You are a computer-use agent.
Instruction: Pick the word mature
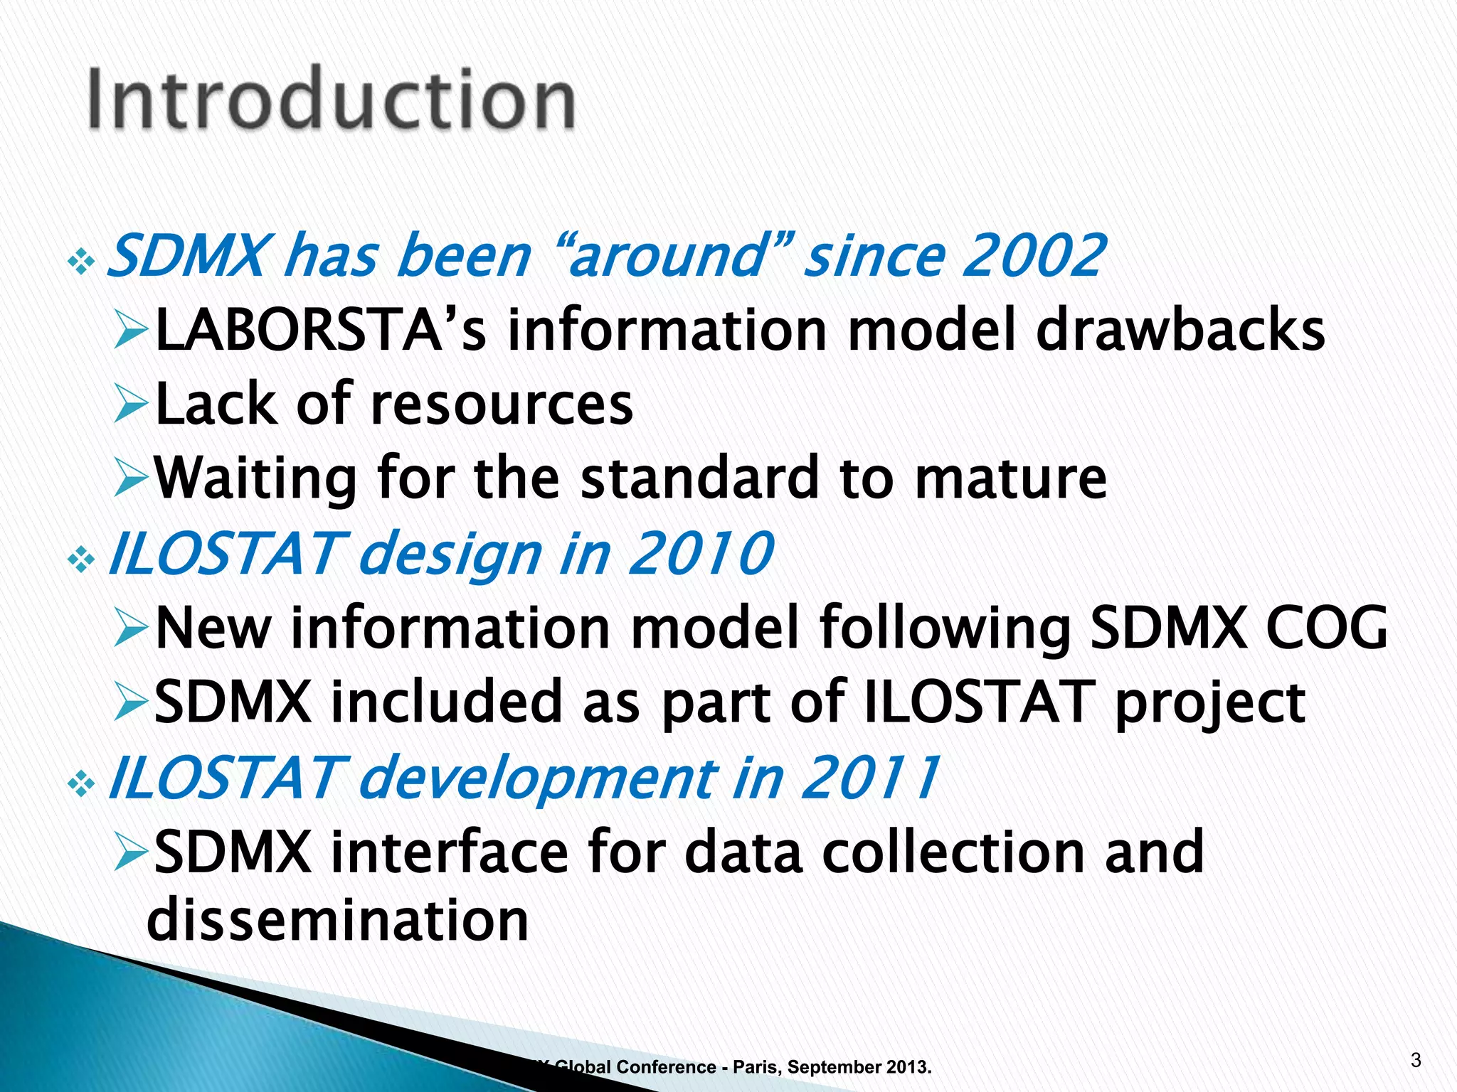pyautogui.click(x=1010, y=478)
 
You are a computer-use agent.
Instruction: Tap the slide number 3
pyautogui.click(x=1415, y=1061)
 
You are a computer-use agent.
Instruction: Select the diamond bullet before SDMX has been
pyautogui.click(x=81, y=264)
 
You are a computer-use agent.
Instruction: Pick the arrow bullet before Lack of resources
pyautogui.click(x=131, y=406)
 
